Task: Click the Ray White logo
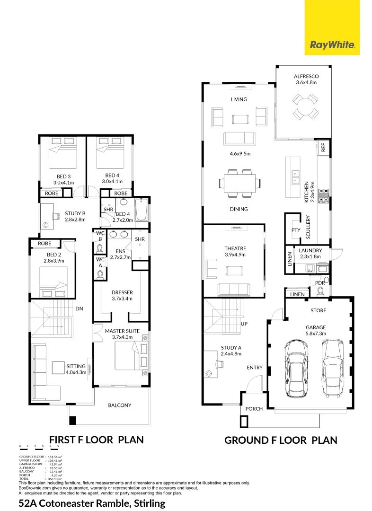[332, 45]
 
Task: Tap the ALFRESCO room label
[306, 76]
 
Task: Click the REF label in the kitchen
[323, 147]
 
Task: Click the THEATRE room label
[235, 248]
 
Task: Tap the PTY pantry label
[296, 230]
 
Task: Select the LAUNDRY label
[310, 250]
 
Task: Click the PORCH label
[253, 408]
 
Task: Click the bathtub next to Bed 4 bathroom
[142, 211]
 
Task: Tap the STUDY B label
[75, 213]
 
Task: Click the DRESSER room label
[122, 292]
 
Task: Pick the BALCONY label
[120, 405]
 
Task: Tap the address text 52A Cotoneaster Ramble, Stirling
[92, 502]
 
